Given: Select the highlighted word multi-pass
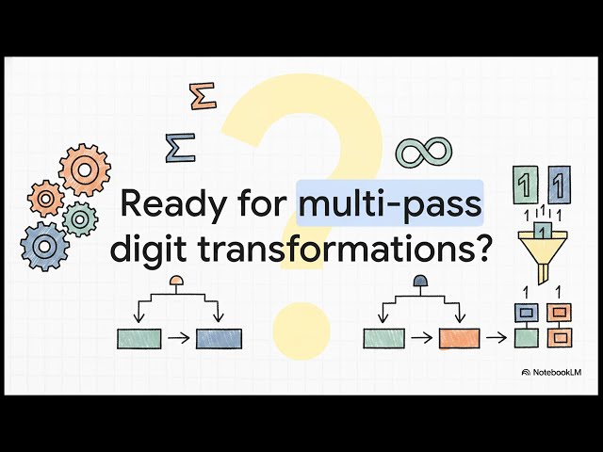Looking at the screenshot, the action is click(390, 203).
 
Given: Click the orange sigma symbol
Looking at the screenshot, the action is click(204, 96).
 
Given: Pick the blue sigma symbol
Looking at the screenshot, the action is click(181, 148).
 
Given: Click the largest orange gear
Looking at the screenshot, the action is click(85, 169).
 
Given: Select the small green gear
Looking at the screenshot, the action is click(80, 219).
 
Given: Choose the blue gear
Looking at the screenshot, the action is click(44, 247).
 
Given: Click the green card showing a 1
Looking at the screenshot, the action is click(525, 185).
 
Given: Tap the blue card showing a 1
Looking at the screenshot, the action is click(559, 185).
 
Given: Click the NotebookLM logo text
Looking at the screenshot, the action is click(557, 372).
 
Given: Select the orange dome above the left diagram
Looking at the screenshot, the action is click(176, 281).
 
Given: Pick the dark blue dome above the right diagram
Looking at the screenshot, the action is click(420, 281).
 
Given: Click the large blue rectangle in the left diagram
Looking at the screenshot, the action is click(219, 339).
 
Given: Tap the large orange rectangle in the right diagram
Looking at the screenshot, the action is click(459, 338).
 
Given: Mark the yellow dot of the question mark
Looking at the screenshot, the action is click(301, 331).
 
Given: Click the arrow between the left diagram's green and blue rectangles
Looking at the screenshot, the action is click(179, 338).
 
